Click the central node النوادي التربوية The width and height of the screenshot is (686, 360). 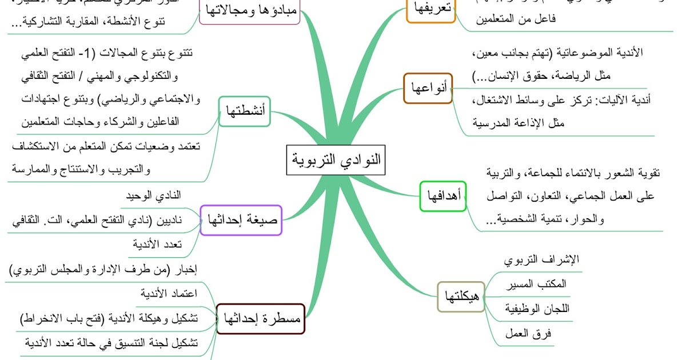(336, 160)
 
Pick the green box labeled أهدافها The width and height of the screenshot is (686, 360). (444, 196)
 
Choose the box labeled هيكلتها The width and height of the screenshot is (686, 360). (461, 297)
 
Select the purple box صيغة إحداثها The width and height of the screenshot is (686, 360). (242, 219)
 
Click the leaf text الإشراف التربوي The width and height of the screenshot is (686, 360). (541, 259)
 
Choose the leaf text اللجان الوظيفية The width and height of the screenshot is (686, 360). (537, 309)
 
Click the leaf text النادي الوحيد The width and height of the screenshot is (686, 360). (153, 195)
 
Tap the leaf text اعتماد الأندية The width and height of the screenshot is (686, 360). (169, 294)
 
